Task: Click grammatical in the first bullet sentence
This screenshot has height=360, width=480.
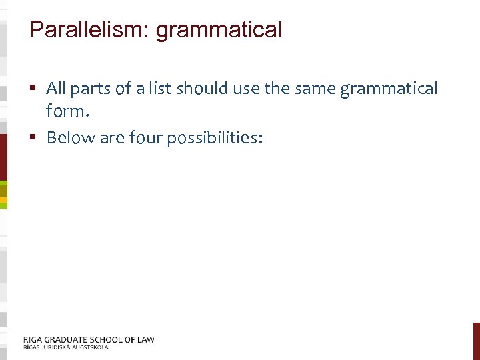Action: (389, 89)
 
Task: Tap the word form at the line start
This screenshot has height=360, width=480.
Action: (66, 111)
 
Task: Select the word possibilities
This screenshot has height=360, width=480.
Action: (214, 138)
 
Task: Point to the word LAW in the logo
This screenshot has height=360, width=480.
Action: (145, 340)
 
